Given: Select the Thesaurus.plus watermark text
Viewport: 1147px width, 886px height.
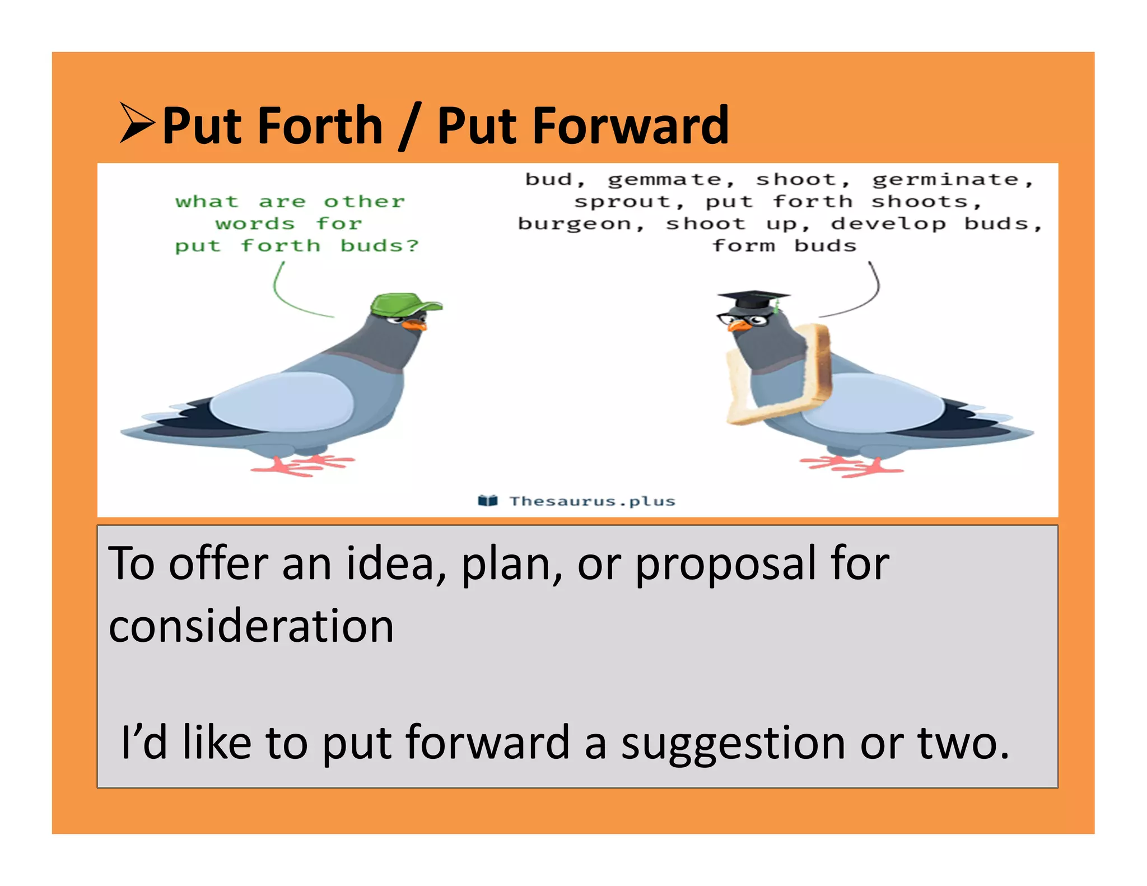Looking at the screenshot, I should click(592, 501).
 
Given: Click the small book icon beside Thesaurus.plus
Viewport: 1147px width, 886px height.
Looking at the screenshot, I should click(488, 500).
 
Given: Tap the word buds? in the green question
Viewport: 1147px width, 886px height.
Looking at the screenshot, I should click(379, 246).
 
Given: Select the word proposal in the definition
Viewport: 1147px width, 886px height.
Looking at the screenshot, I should click(725, 564).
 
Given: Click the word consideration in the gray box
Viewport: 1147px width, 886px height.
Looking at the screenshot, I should click(251, 626).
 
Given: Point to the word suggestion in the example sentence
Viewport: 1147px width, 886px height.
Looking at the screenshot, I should click(733, 743).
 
